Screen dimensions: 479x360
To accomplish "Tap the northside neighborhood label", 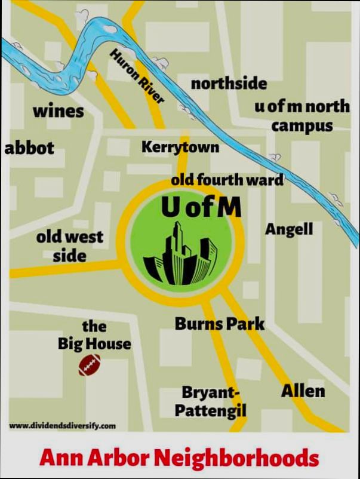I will [x=229, y=84].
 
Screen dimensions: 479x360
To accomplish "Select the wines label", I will [x=58, y=112].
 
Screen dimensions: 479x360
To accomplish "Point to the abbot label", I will [x=29, y=148].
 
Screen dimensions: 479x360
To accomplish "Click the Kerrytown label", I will [x=180, y=147].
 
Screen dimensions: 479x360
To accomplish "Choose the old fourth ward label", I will [x=227, y=179].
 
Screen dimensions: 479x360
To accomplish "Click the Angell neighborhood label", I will [x=289, y=229].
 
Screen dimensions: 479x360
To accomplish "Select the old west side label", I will [x=70, y=246].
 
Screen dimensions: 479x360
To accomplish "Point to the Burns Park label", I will [x=219, y=324].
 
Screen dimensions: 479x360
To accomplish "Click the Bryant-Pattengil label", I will [x=210, y=401].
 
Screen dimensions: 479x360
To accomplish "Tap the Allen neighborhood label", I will [x=303, y=391].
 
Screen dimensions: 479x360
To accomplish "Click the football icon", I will [x=91, y=365].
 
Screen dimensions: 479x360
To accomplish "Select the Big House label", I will [x=94, y=335].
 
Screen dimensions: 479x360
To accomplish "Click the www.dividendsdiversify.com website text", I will [x=63, y=426].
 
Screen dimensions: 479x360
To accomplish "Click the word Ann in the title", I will [x=60, y=459].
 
